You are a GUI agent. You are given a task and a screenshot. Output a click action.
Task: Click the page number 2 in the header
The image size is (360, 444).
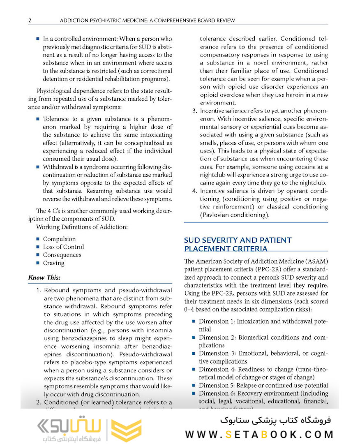coord(30,20)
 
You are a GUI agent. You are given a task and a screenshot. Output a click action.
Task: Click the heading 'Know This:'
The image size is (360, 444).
coord(44,277)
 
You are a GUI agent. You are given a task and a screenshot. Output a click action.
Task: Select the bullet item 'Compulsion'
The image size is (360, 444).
coord(59,239)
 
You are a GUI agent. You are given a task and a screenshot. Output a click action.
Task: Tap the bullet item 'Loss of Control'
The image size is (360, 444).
coord(63,247)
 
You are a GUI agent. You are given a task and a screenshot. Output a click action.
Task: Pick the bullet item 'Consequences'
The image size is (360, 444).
coord(62,255)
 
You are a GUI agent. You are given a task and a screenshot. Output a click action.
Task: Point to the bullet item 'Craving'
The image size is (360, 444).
coord(53,263)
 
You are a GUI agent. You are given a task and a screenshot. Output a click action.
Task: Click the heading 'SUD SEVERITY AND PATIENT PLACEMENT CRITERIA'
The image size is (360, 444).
coord(238,244)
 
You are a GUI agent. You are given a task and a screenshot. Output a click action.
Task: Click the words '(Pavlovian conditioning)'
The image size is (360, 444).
coord(235,215)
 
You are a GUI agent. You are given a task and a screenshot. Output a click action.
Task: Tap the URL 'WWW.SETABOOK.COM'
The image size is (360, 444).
coord(259,434)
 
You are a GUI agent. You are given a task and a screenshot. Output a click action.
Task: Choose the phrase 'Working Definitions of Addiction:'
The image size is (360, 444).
coord(82,227)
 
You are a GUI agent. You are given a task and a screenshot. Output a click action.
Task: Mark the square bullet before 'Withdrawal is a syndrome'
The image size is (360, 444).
coord(38,167)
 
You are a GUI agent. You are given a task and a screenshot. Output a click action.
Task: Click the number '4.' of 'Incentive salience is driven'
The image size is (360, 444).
coord(195,191)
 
